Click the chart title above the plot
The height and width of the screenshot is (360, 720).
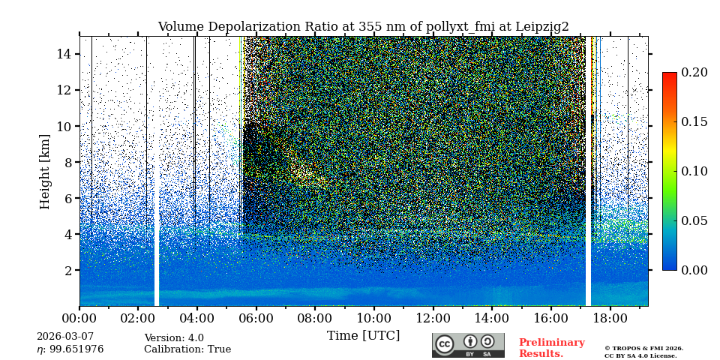click(363, 27)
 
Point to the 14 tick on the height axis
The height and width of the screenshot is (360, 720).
click(64, 54)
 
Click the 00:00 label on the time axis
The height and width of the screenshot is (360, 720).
click(79, 318)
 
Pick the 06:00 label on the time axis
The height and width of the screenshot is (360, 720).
click(256, 318)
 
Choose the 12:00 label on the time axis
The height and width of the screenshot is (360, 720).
click(433, 318)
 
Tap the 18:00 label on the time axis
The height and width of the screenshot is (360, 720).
click(610, 318)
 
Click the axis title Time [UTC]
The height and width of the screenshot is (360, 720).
click(363, 336)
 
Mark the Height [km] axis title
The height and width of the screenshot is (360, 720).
click(45, 171)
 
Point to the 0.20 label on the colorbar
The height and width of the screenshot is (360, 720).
click(694, 73)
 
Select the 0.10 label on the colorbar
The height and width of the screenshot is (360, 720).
click(694, 171)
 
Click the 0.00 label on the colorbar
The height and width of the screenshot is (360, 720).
click(694, 270)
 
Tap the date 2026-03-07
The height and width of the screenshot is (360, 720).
click(65, 337)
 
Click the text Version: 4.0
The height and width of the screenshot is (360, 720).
click(174, 338)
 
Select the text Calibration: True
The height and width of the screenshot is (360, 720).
click(187, 349)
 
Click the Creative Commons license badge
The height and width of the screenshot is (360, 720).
click(468, 345)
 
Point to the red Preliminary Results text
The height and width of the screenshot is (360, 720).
click(551, 348)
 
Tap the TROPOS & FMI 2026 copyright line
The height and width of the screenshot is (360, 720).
click(643, 349)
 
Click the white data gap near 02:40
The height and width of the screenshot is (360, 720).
click(157, 240)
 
